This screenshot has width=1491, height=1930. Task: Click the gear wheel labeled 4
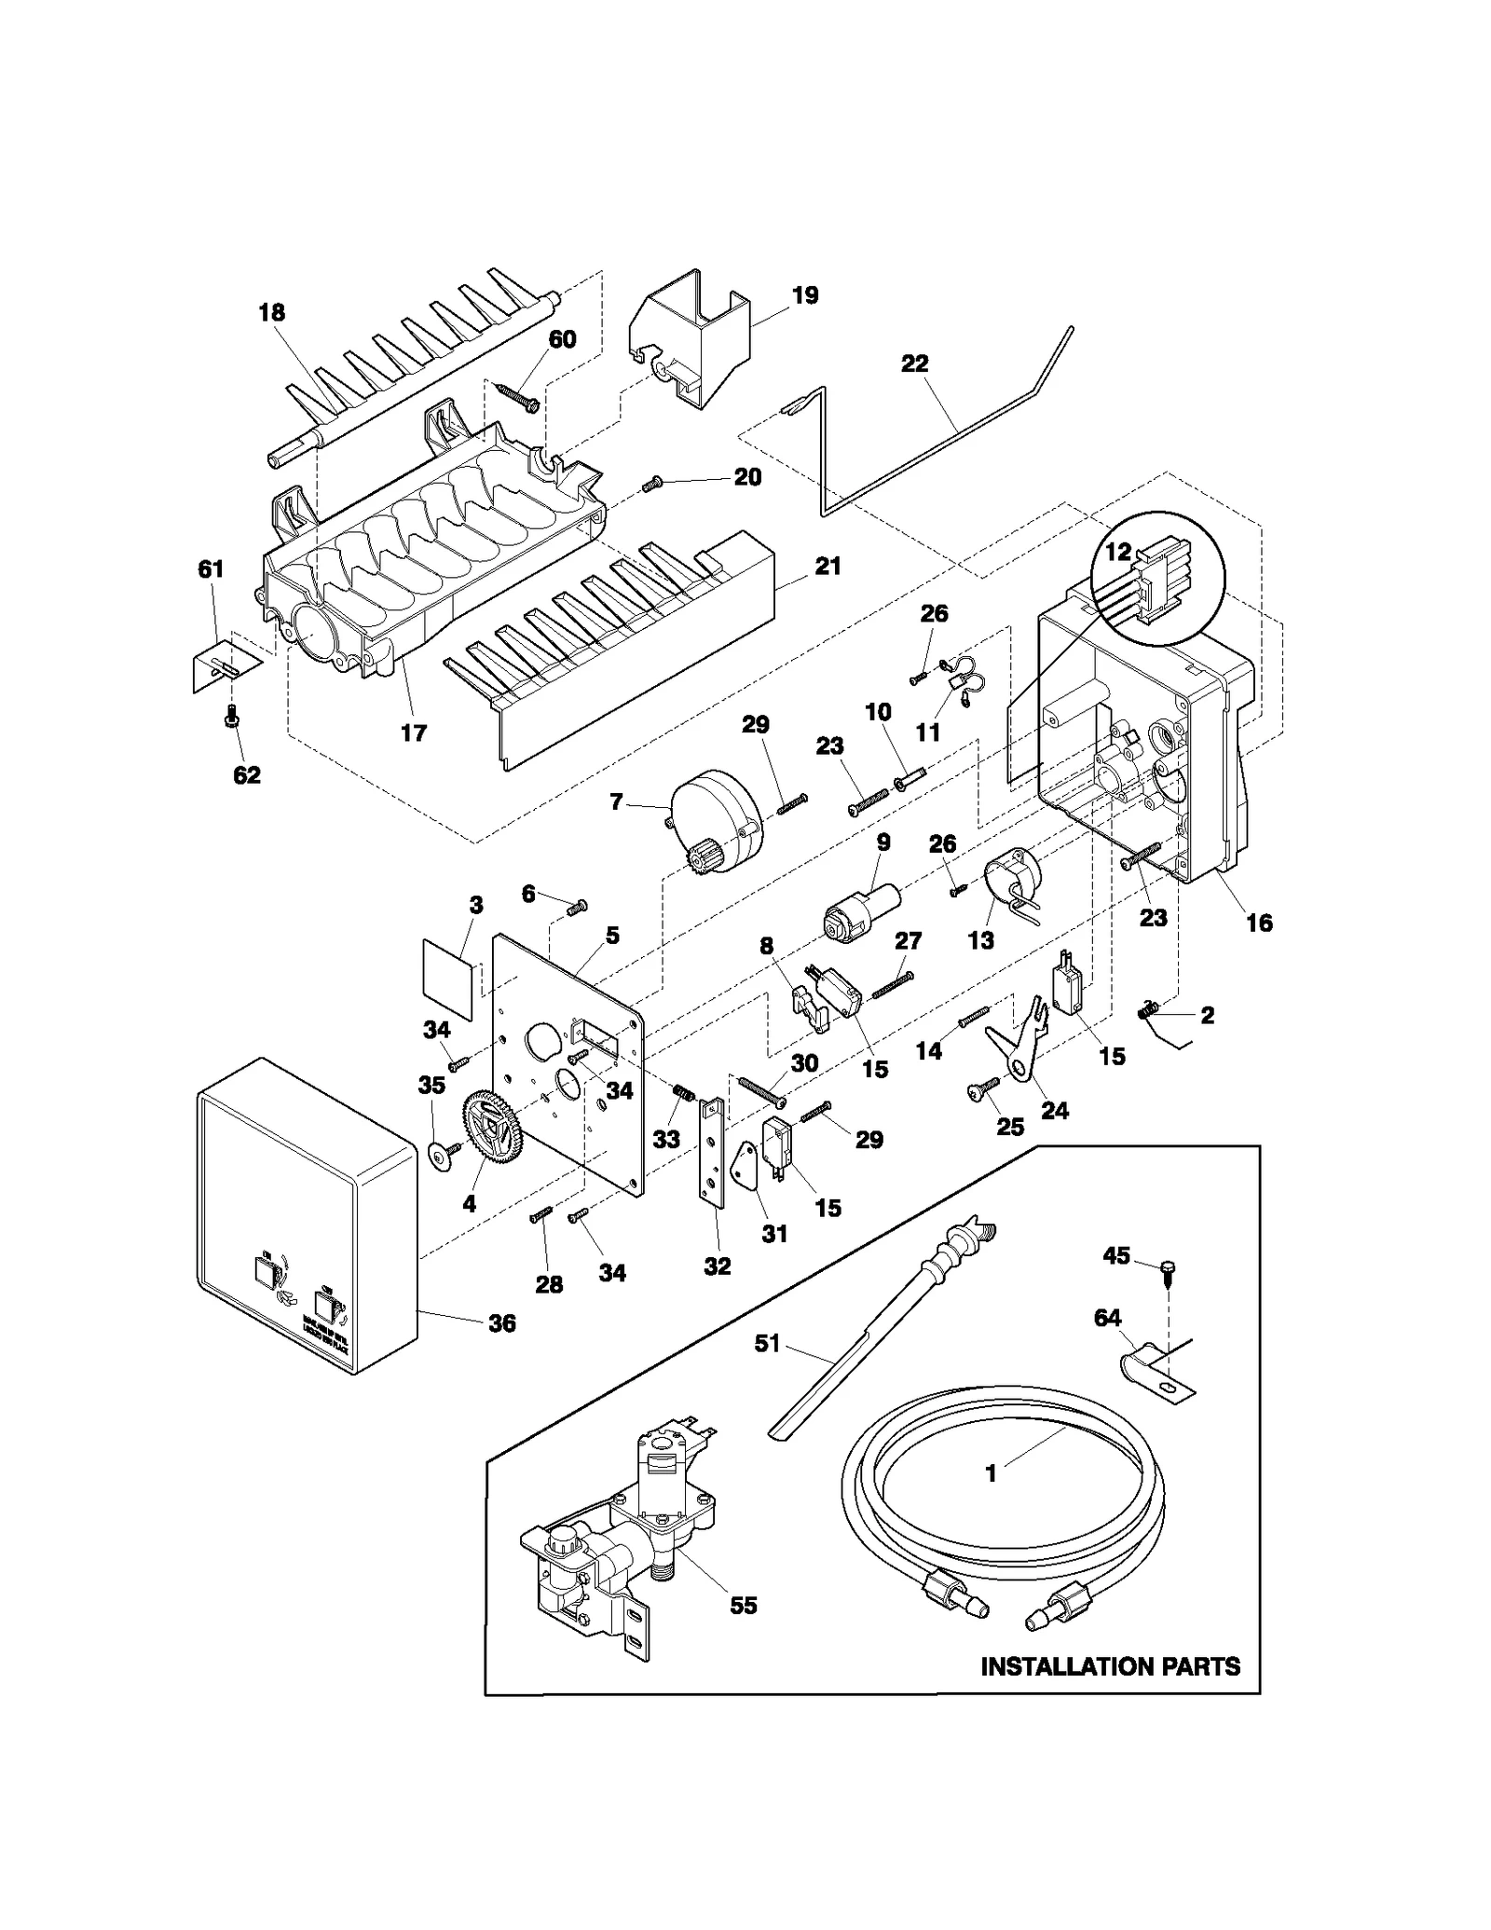point(491,1129)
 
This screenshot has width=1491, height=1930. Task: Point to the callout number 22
point(914,363)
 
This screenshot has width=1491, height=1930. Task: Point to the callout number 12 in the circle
point(1117,552)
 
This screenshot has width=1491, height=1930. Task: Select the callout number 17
point(414,732)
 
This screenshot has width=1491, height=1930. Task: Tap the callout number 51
point(767,1345)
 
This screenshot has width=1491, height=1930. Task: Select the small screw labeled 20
point(653,483)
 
